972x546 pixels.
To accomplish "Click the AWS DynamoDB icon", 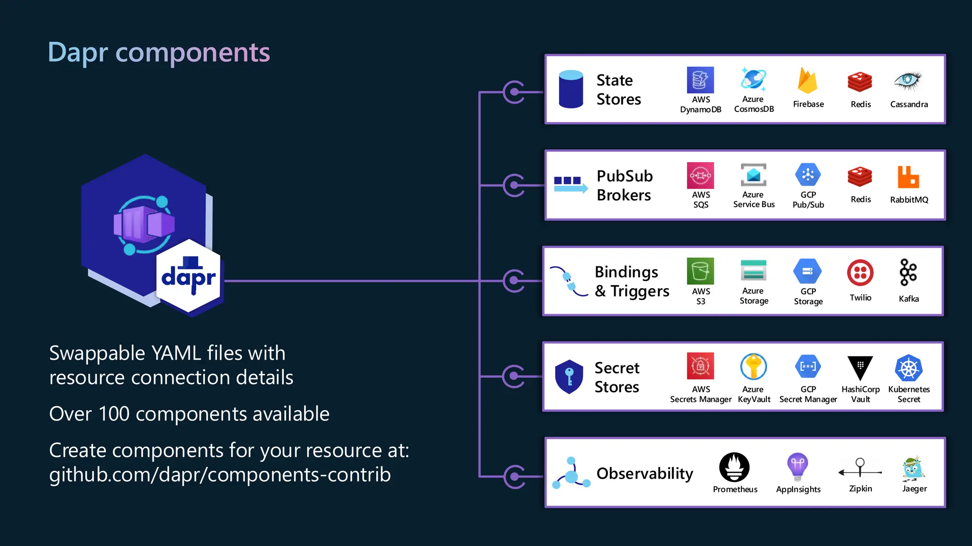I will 700,80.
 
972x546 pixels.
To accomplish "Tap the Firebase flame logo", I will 807,81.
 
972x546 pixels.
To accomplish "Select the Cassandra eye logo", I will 907,81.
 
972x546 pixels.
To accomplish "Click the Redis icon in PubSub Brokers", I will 860,177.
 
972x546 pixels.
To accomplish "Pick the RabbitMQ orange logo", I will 908,177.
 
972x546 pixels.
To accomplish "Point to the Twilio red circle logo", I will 860,273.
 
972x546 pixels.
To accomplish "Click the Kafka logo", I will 908,273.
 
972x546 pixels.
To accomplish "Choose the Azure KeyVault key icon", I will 753,366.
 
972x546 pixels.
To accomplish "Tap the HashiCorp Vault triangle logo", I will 860,368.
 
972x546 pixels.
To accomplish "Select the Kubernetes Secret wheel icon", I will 908,368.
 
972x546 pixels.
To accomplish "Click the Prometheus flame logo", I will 734,467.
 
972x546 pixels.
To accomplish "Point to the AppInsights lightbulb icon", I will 798,466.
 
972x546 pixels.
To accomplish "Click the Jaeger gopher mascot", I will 913,468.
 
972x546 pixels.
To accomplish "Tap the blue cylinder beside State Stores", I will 571,89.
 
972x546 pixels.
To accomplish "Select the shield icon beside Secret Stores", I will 569,377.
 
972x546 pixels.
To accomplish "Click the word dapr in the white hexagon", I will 188,278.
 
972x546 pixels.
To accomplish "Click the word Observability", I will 645,473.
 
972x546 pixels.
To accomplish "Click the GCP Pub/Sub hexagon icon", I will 808,175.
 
